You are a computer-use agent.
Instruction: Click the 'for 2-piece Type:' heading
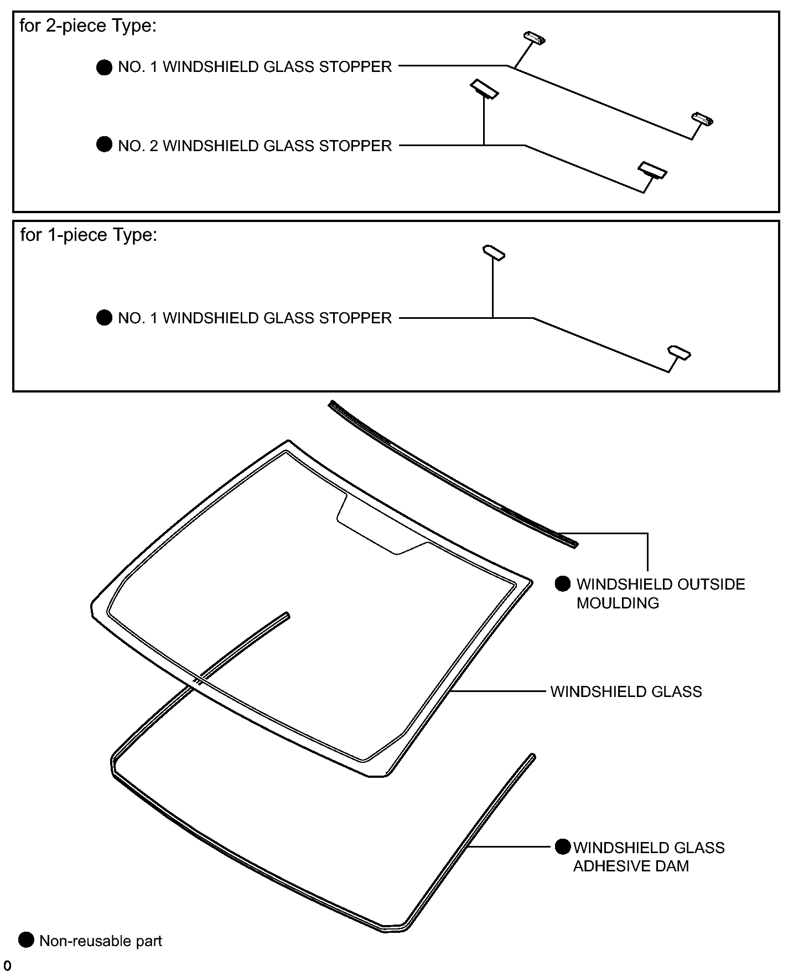click(x=88, y=26)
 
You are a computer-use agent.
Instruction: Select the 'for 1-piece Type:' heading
click(x=89, y=235)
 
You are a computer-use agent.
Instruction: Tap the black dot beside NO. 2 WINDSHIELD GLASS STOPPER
click(x=104, y=145)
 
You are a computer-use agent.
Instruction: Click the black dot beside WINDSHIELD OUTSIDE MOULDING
click(x=563, y=584)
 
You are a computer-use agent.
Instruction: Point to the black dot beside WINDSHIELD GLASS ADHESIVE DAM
click(x=563, y=846)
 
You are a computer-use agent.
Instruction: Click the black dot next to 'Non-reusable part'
click(x=26, y=939)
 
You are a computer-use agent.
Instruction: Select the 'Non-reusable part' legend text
click(x=101, y=941)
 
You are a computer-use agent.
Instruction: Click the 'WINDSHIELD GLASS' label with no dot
click(x=626, y=691)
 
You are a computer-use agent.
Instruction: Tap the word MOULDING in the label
click(x=618, y=603)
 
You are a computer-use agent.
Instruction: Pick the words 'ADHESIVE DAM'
click(x=631, y=866)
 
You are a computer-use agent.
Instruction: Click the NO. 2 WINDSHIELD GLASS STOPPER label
click(x=255, y=146)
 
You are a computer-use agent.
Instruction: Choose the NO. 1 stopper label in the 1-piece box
click(x=255, y=318)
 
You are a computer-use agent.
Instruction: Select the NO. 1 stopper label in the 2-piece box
click(x=255, y=67)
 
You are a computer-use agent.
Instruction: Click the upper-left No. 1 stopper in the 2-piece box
click(x=535, y=38)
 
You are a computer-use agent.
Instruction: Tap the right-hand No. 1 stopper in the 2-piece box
click(x=702, y=119)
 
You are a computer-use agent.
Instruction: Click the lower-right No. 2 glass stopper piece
click(x=652, y=170)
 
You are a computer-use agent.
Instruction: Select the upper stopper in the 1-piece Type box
click(x=494, y=252)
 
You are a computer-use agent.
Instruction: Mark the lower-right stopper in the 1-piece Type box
click(x=679, y=353)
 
